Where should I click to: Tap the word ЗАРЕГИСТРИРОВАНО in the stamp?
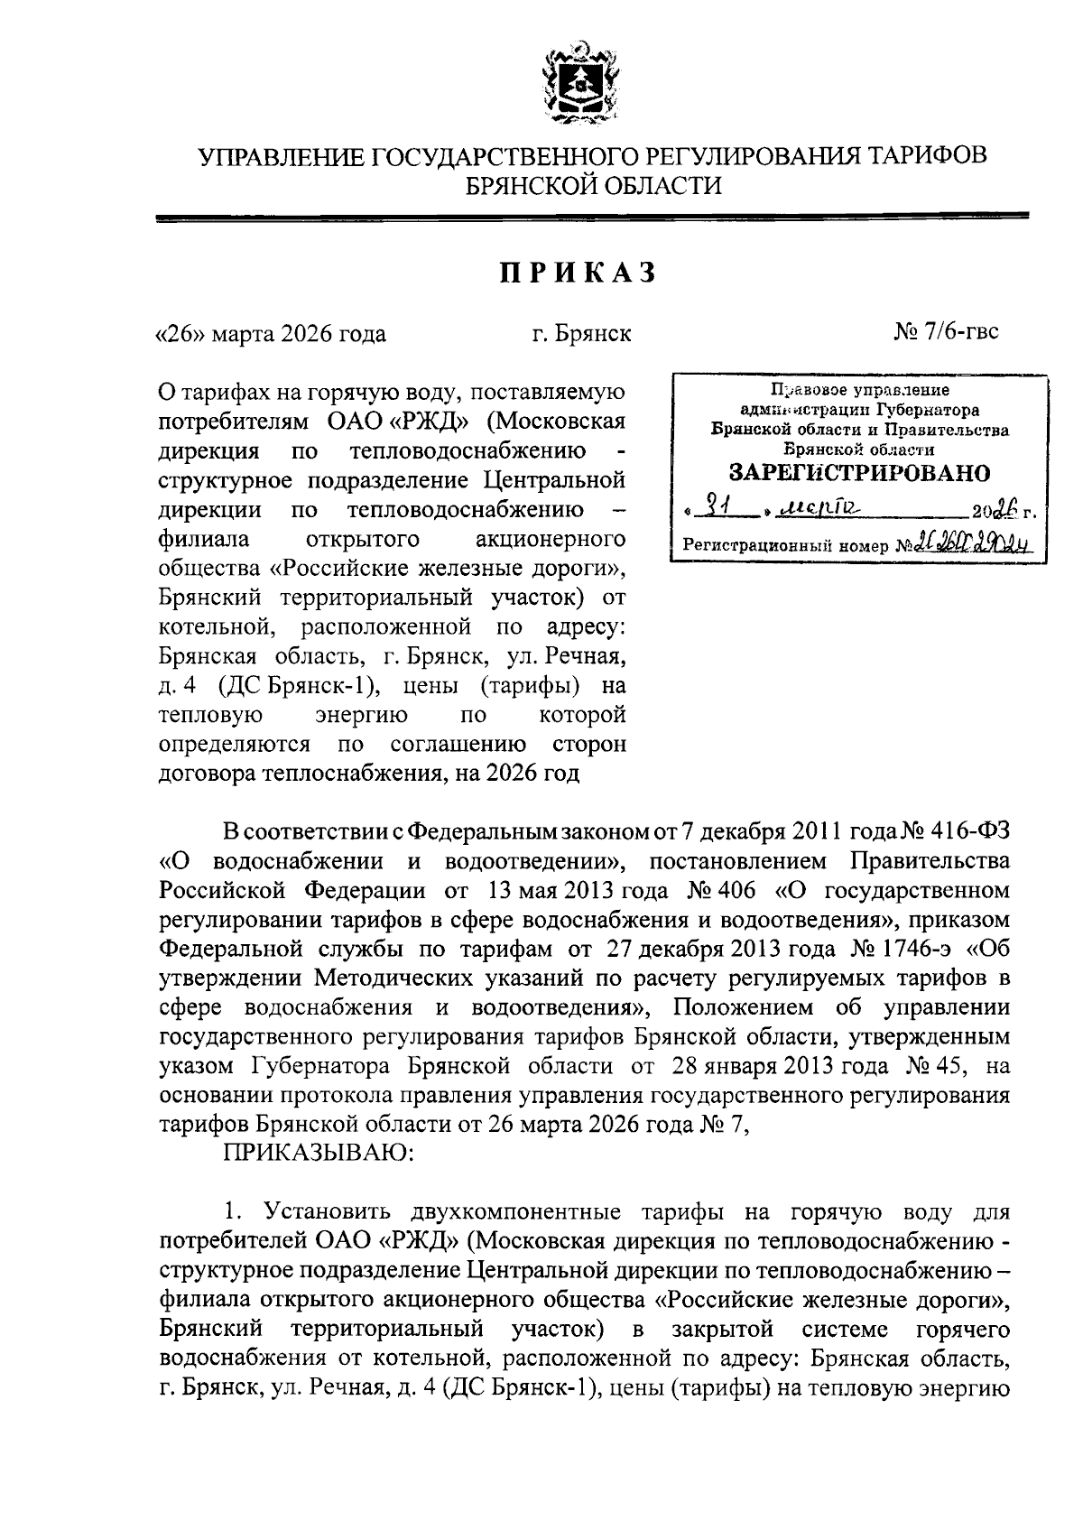click(x=858, y=472)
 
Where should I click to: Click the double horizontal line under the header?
click(x=592, y=217)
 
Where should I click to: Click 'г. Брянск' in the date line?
click(x=581, y=334)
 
